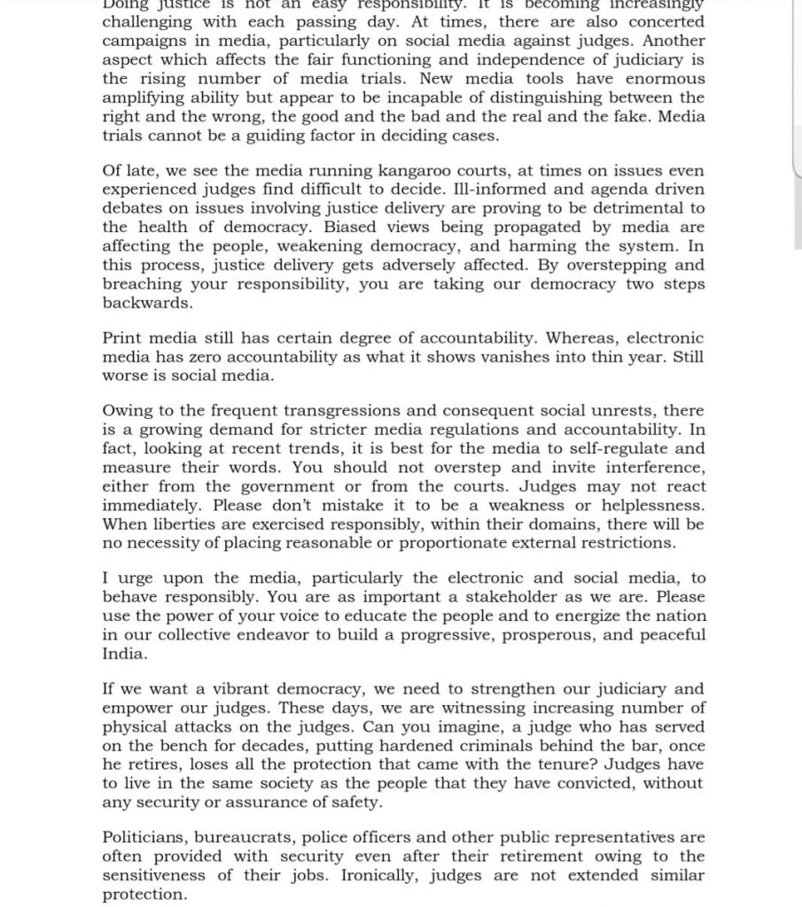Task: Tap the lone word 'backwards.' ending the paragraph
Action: (147, 303)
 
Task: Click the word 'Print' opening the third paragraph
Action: (122, 338)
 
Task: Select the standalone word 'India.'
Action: (125, 655)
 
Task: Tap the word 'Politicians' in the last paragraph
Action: (144, 837)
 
